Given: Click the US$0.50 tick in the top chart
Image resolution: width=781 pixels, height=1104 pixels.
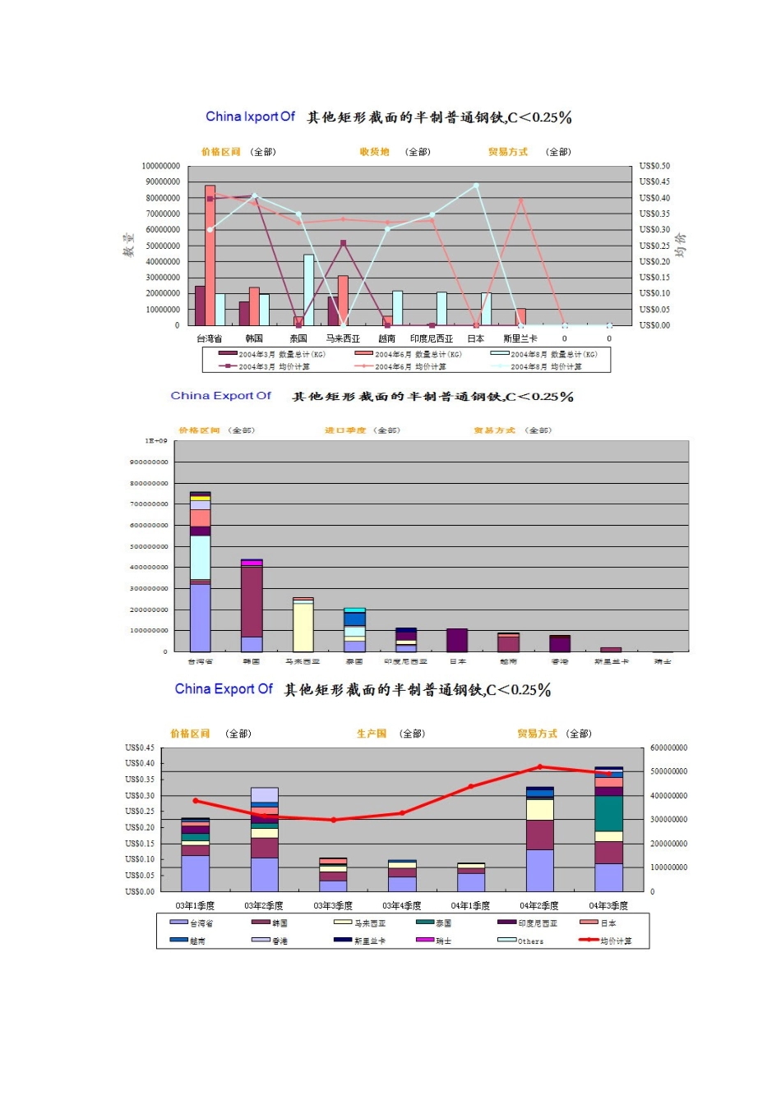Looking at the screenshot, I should pos(654,166).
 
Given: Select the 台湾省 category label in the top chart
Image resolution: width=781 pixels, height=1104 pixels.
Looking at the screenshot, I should pos(209,338).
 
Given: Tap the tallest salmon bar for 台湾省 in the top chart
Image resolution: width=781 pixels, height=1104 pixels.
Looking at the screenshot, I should pos(210,255).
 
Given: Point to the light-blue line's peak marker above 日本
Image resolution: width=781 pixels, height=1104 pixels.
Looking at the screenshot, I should pos(476,186).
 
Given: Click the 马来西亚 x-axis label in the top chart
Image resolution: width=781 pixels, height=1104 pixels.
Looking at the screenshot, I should pos(343,338).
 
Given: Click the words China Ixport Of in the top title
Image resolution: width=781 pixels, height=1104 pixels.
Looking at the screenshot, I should pos(250,117).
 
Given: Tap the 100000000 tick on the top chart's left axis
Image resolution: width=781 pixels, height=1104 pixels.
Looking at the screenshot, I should pos(160,166).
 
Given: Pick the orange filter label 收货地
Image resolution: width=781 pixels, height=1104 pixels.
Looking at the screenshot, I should pos(374,152).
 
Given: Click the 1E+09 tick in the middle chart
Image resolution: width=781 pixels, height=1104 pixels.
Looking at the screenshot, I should pos(156,441).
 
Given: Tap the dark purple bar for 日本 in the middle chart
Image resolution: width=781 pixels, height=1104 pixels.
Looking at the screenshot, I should pos(457,641).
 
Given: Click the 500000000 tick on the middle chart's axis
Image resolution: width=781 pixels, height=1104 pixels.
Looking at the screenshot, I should pos(149,546).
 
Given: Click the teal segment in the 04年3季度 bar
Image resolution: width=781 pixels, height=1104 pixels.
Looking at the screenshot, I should pos(608,813).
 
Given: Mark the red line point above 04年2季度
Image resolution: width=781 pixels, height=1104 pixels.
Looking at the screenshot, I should pos(540,767).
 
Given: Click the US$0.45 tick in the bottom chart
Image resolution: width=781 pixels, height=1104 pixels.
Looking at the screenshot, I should pos(140,747).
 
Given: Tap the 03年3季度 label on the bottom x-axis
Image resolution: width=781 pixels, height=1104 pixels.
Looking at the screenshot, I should pos(333,906).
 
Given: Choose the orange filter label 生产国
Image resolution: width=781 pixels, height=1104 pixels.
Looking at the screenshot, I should pos(372,734).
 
